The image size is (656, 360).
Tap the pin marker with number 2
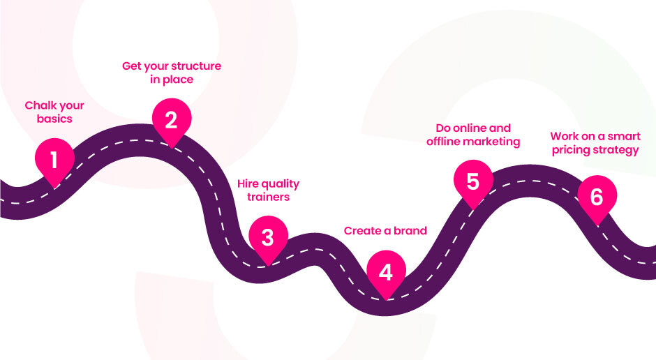coord(171,121)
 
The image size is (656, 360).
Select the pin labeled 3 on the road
coord(267,238)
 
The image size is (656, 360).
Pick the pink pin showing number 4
coord(386,273)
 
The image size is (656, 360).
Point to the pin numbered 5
coord(473,182)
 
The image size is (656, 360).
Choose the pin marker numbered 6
coord(597,197)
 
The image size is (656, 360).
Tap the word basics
coord(55,119)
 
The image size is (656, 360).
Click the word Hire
coord(249,183)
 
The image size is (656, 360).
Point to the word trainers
coord(269,197)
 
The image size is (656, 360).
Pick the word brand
coord(410,231)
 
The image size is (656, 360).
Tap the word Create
coord(363,231)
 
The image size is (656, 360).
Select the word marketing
coord(495,141)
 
